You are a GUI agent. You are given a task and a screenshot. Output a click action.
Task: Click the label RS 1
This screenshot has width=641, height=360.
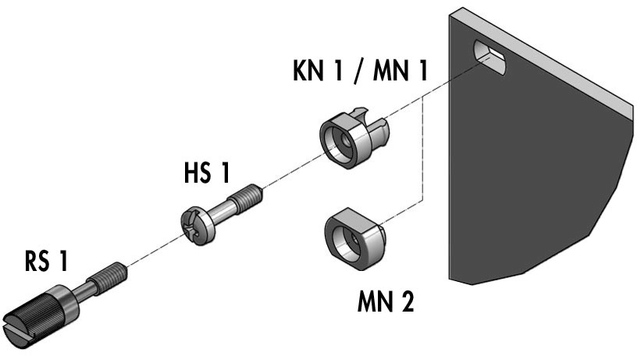46,261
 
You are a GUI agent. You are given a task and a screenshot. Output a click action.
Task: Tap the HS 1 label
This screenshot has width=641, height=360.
207,173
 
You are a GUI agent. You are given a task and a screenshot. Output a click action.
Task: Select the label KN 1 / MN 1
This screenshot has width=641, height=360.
360,70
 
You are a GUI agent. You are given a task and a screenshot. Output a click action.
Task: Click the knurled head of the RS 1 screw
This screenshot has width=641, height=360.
41,317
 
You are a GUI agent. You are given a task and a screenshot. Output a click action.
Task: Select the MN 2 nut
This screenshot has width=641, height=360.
354,238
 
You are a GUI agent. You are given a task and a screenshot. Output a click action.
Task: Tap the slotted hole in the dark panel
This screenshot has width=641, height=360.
490,57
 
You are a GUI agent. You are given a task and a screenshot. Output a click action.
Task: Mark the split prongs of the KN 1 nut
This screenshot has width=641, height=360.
372,123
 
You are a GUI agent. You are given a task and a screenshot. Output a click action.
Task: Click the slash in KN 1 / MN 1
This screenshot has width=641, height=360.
358,70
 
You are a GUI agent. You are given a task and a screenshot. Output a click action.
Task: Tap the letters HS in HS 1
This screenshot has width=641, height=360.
198,173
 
